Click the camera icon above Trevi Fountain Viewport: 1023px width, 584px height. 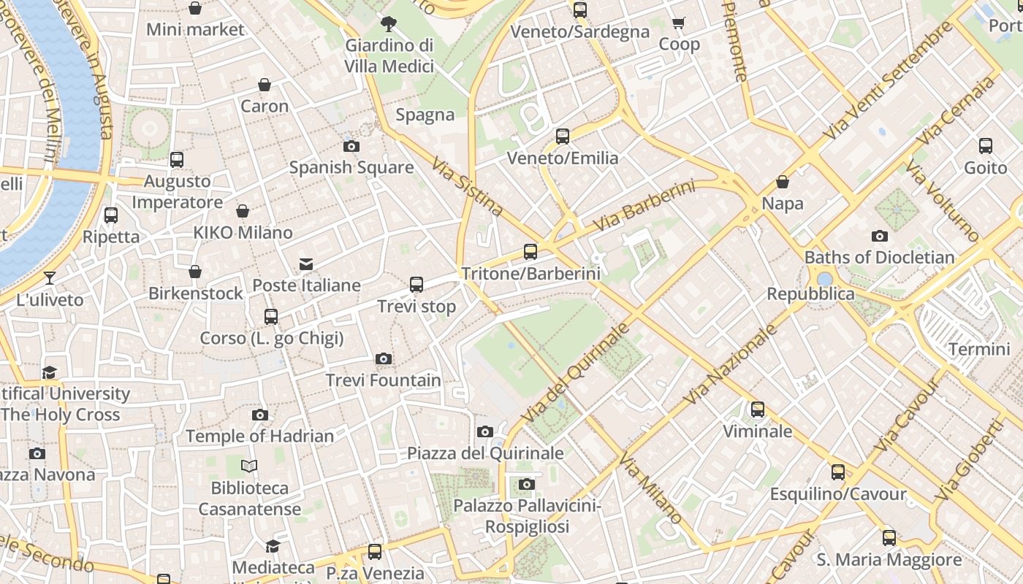[384, 358]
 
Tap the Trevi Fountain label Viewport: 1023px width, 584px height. [384, 380]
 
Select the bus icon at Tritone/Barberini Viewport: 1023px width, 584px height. [530, 252]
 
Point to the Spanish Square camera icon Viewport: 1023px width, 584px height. [351, 146]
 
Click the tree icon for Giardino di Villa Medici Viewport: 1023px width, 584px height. [389, 23]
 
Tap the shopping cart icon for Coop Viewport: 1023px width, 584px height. [679, 23]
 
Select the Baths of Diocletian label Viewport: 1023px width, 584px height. [879, 257]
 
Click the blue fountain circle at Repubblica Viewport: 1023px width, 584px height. [825, 279]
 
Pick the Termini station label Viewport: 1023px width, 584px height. [979, 349]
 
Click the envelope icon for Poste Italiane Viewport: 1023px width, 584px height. [306, 264]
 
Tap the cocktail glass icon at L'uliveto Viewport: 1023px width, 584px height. [49, 277]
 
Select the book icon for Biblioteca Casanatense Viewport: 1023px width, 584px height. [250, 466]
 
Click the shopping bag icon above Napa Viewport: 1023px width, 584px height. [783, 182]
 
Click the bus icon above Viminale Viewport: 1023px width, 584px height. [758, 410]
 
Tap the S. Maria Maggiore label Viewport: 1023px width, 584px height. [889, 560]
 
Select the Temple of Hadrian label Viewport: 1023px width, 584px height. [259, 436]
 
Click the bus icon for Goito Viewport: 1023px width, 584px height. [986, 146]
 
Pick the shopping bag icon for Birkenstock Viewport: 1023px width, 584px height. [195, 272]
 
